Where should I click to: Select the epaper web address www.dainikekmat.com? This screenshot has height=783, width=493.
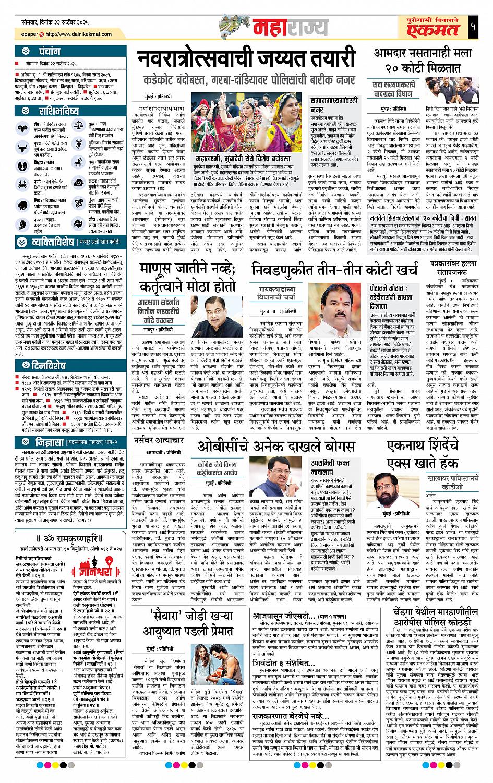77,35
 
